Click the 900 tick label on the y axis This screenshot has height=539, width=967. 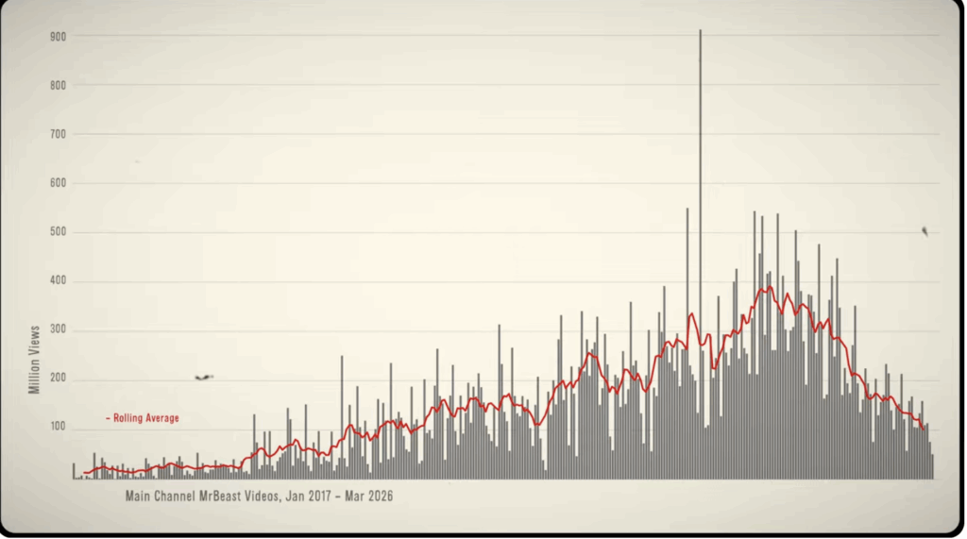pyautogui.click(x=58, y=36)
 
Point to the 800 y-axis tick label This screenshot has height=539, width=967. pyautogui.click(x=58, y=85)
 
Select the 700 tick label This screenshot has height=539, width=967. pyautogui.click(x=58, y=134)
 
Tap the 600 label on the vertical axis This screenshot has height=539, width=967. pyautogui.click(x=58, y=183)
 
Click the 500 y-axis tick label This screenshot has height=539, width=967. pyautogui.click(x=58, y=232)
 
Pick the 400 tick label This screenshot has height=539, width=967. pyautogui.click(x=58, y=281)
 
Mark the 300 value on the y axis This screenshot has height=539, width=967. pyautogui.click(x=58, y=330)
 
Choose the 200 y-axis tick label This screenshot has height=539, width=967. pyautogui.click(x=58, y=379)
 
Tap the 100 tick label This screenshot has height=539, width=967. pyautogui.click(x=58, y=429)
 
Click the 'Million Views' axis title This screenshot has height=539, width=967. pyautogui.click(x=35, y=359)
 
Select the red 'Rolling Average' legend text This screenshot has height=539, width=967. pyautogui.click(x=144, y=418)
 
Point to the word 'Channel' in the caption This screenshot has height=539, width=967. pyautogui.click(x=176, y=496)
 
